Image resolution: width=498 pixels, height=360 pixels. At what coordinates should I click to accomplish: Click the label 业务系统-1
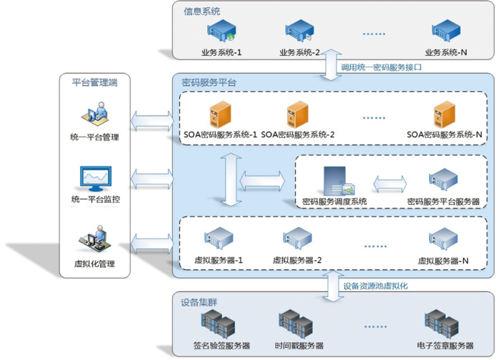coord(222,53)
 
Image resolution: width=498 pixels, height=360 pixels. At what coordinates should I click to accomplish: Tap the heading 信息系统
coord(202,11)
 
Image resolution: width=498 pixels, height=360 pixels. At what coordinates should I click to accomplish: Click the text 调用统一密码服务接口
coord(382,67)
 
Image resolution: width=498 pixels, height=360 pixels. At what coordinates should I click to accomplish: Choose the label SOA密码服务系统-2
coord(298,134)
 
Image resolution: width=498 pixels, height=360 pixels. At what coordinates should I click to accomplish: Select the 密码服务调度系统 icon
coord(338,181)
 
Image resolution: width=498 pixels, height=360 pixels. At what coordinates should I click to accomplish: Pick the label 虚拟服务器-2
coord(297,260)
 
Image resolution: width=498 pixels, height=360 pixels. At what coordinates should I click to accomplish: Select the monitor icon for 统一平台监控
coord(96,178)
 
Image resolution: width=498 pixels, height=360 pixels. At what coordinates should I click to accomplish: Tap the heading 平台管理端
coord(95,83)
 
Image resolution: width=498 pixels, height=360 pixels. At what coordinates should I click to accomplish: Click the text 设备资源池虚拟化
coord(375,286)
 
